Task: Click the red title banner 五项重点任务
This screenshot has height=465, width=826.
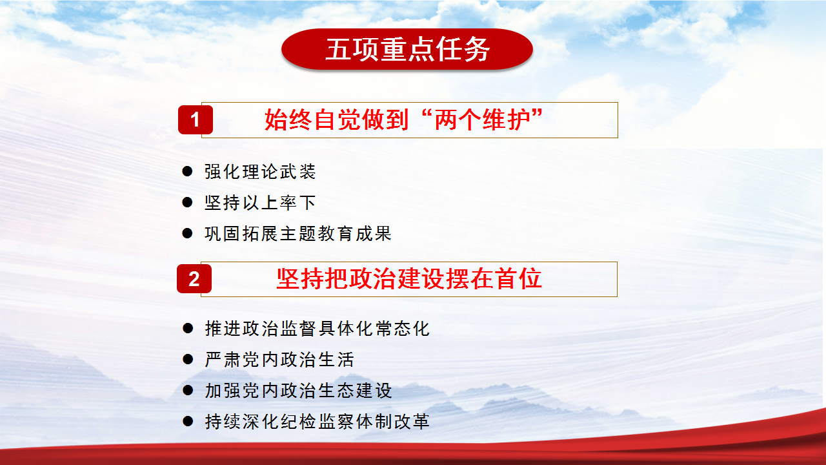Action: (407, 49)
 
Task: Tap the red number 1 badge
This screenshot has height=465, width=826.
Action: (196, 119)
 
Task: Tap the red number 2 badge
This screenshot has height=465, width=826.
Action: (194, 278)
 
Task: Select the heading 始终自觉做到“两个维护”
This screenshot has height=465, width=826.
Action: (403, 119)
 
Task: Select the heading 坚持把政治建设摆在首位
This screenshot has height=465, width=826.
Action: (409, 278)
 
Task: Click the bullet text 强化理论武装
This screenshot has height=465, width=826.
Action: (260, 172)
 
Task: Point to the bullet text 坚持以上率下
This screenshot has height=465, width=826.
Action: (260, 203)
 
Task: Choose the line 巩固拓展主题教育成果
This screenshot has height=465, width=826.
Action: (298, 234)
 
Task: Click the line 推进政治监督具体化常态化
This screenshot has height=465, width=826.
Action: (317, 329)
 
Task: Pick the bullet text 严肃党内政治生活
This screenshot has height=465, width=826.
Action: (279, 360)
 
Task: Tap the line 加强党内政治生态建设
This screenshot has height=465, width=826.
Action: (298, 391)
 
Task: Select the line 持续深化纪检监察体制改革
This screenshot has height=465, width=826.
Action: (317, 422)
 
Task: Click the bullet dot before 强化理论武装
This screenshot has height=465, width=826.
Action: (187, 171)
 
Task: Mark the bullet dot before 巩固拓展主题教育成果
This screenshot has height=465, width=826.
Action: (187, 233)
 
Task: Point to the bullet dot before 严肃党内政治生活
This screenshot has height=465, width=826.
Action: (188, 359)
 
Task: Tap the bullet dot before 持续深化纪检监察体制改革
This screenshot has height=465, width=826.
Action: (188, 421)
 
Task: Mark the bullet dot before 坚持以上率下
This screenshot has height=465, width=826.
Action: (187, 202)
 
